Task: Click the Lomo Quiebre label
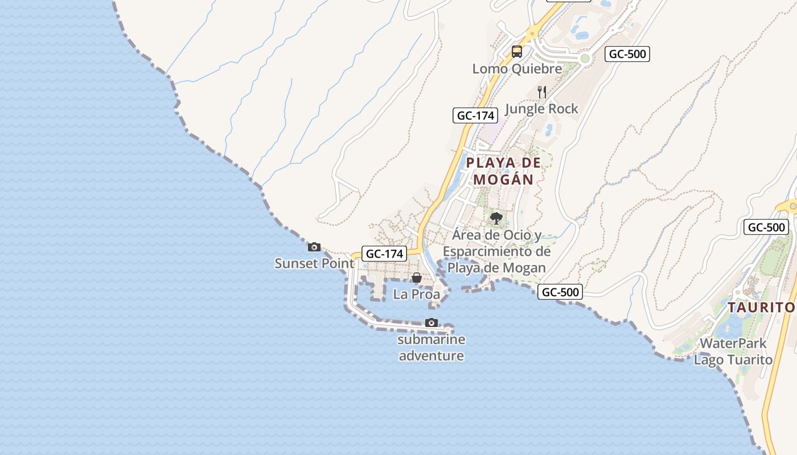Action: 517,69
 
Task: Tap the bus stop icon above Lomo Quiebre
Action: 517,52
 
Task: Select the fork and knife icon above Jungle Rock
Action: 542,92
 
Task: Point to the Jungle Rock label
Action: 541,109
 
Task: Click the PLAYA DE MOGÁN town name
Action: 504,171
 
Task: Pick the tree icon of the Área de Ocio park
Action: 496,218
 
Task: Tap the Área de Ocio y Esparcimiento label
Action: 497,251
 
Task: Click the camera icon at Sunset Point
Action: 314,247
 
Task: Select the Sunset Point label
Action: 314,263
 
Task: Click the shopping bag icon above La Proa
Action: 417,278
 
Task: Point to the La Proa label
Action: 417,295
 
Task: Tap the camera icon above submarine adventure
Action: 432,323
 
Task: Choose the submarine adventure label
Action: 432,348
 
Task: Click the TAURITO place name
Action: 761,308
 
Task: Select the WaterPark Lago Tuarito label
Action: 733,351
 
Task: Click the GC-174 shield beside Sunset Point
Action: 385,254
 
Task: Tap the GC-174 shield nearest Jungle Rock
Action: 475,115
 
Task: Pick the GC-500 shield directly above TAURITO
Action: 766,227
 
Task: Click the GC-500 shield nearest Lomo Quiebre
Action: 627,54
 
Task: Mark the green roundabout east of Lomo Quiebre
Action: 585,58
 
